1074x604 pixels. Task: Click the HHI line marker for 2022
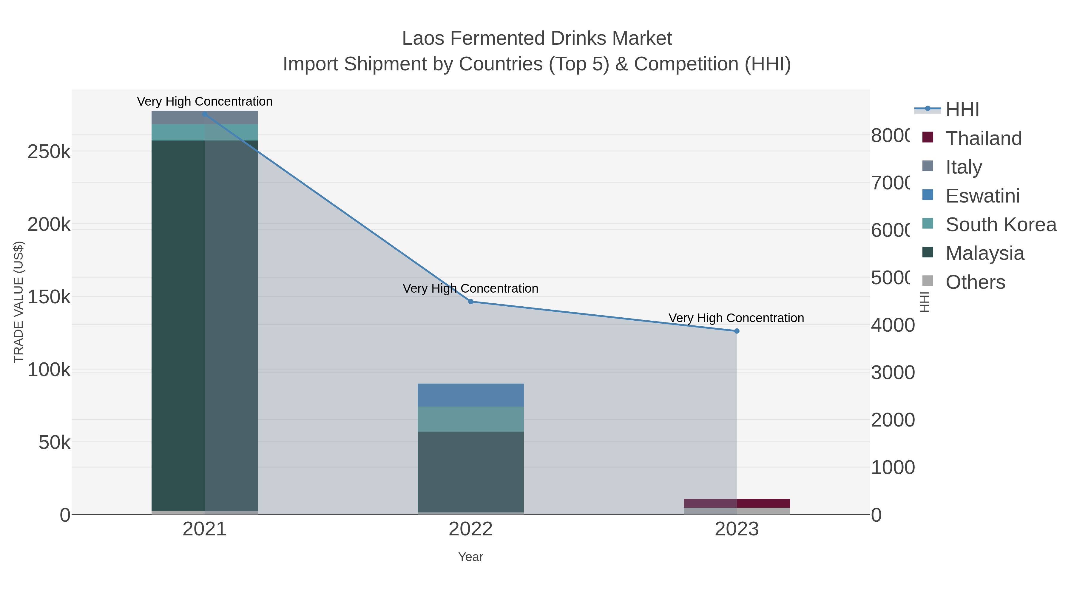[471, 301]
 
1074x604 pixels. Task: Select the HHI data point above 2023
[737, 331]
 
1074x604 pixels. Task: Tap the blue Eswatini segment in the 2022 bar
[471, 395]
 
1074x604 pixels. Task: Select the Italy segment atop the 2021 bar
[204, 117]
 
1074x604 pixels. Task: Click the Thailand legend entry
[983, 138]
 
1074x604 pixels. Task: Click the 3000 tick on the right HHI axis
[893, 372]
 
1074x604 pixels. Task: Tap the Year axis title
[471, 557]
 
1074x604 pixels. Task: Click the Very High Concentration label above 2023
[736, 318]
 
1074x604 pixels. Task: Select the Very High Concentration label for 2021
[204, 101]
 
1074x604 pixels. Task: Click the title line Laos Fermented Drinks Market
[537, 38]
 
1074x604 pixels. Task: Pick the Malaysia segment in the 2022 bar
[471, 471]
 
